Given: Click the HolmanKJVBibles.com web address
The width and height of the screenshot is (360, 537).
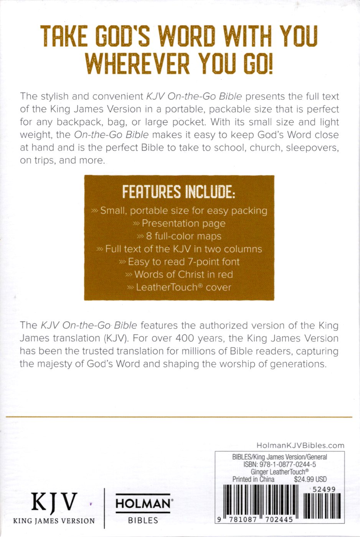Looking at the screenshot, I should pyautogui.click(x=300, y=445).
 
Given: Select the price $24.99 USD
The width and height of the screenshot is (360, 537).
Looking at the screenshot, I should pyautogui.click(x=310, y=479).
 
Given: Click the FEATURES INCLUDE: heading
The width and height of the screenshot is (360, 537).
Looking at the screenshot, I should pyautogui.click(x=178, y=192).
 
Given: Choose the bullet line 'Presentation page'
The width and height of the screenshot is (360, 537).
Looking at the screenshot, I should pyautogui.click(x=183, y=223).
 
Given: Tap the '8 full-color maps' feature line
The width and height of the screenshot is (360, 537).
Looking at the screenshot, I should pyautogui.click(x=183, y=236).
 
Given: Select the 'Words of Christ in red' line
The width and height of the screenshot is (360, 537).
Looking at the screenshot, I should pyautogui.click(x=183, y=275).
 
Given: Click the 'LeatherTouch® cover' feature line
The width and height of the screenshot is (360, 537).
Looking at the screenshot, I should pyautogui.click(x=183, y=287).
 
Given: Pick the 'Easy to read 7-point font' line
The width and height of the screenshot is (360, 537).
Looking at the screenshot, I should pyautogui.click(x=183, y=262).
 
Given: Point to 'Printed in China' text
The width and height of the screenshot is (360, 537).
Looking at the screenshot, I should pyautogui.click(x=253, y=479).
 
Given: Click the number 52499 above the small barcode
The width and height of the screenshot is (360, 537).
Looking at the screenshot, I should pyautogui.click(x=324, y=489).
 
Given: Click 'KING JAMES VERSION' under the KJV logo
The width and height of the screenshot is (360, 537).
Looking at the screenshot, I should pyautogui.click(x=54, y=521).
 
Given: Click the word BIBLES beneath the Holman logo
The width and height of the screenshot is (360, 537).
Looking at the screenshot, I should pyautogui.click(x=143, y=521).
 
